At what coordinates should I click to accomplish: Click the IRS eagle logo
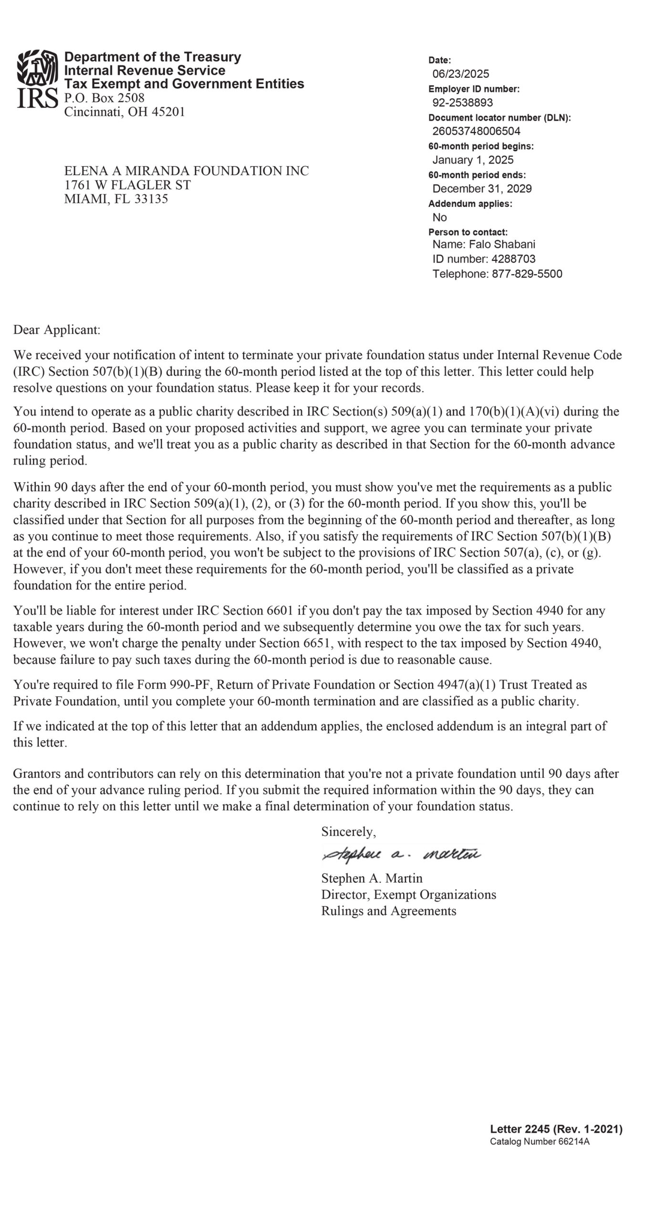[37, 79]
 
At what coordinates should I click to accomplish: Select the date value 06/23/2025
[460, 74]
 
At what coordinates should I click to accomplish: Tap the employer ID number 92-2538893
[462, 103]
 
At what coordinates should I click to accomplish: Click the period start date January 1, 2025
[473, 160]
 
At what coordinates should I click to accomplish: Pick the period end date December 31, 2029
[482, 188]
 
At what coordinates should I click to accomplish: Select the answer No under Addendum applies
[439, 217]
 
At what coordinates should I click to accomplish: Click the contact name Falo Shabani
[502, 245]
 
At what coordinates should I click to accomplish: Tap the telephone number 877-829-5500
[527, 274]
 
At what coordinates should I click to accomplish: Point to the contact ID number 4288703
[513, 259]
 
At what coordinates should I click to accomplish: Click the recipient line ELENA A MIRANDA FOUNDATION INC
[187, 171]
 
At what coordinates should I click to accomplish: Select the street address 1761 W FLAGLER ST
[127, 185]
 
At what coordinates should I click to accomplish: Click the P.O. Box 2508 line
[104, 98]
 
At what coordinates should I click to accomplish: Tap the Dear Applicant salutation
[57, 330]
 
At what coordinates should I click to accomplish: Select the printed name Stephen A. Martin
[372, 878]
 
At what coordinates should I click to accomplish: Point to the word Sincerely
[348, 832]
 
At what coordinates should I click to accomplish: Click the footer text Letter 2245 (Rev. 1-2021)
[556, 1129]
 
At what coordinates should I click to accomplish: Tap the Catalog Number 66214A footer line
[540, 1141]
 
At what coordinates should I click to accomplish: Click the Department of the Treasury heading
[153, 57]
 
